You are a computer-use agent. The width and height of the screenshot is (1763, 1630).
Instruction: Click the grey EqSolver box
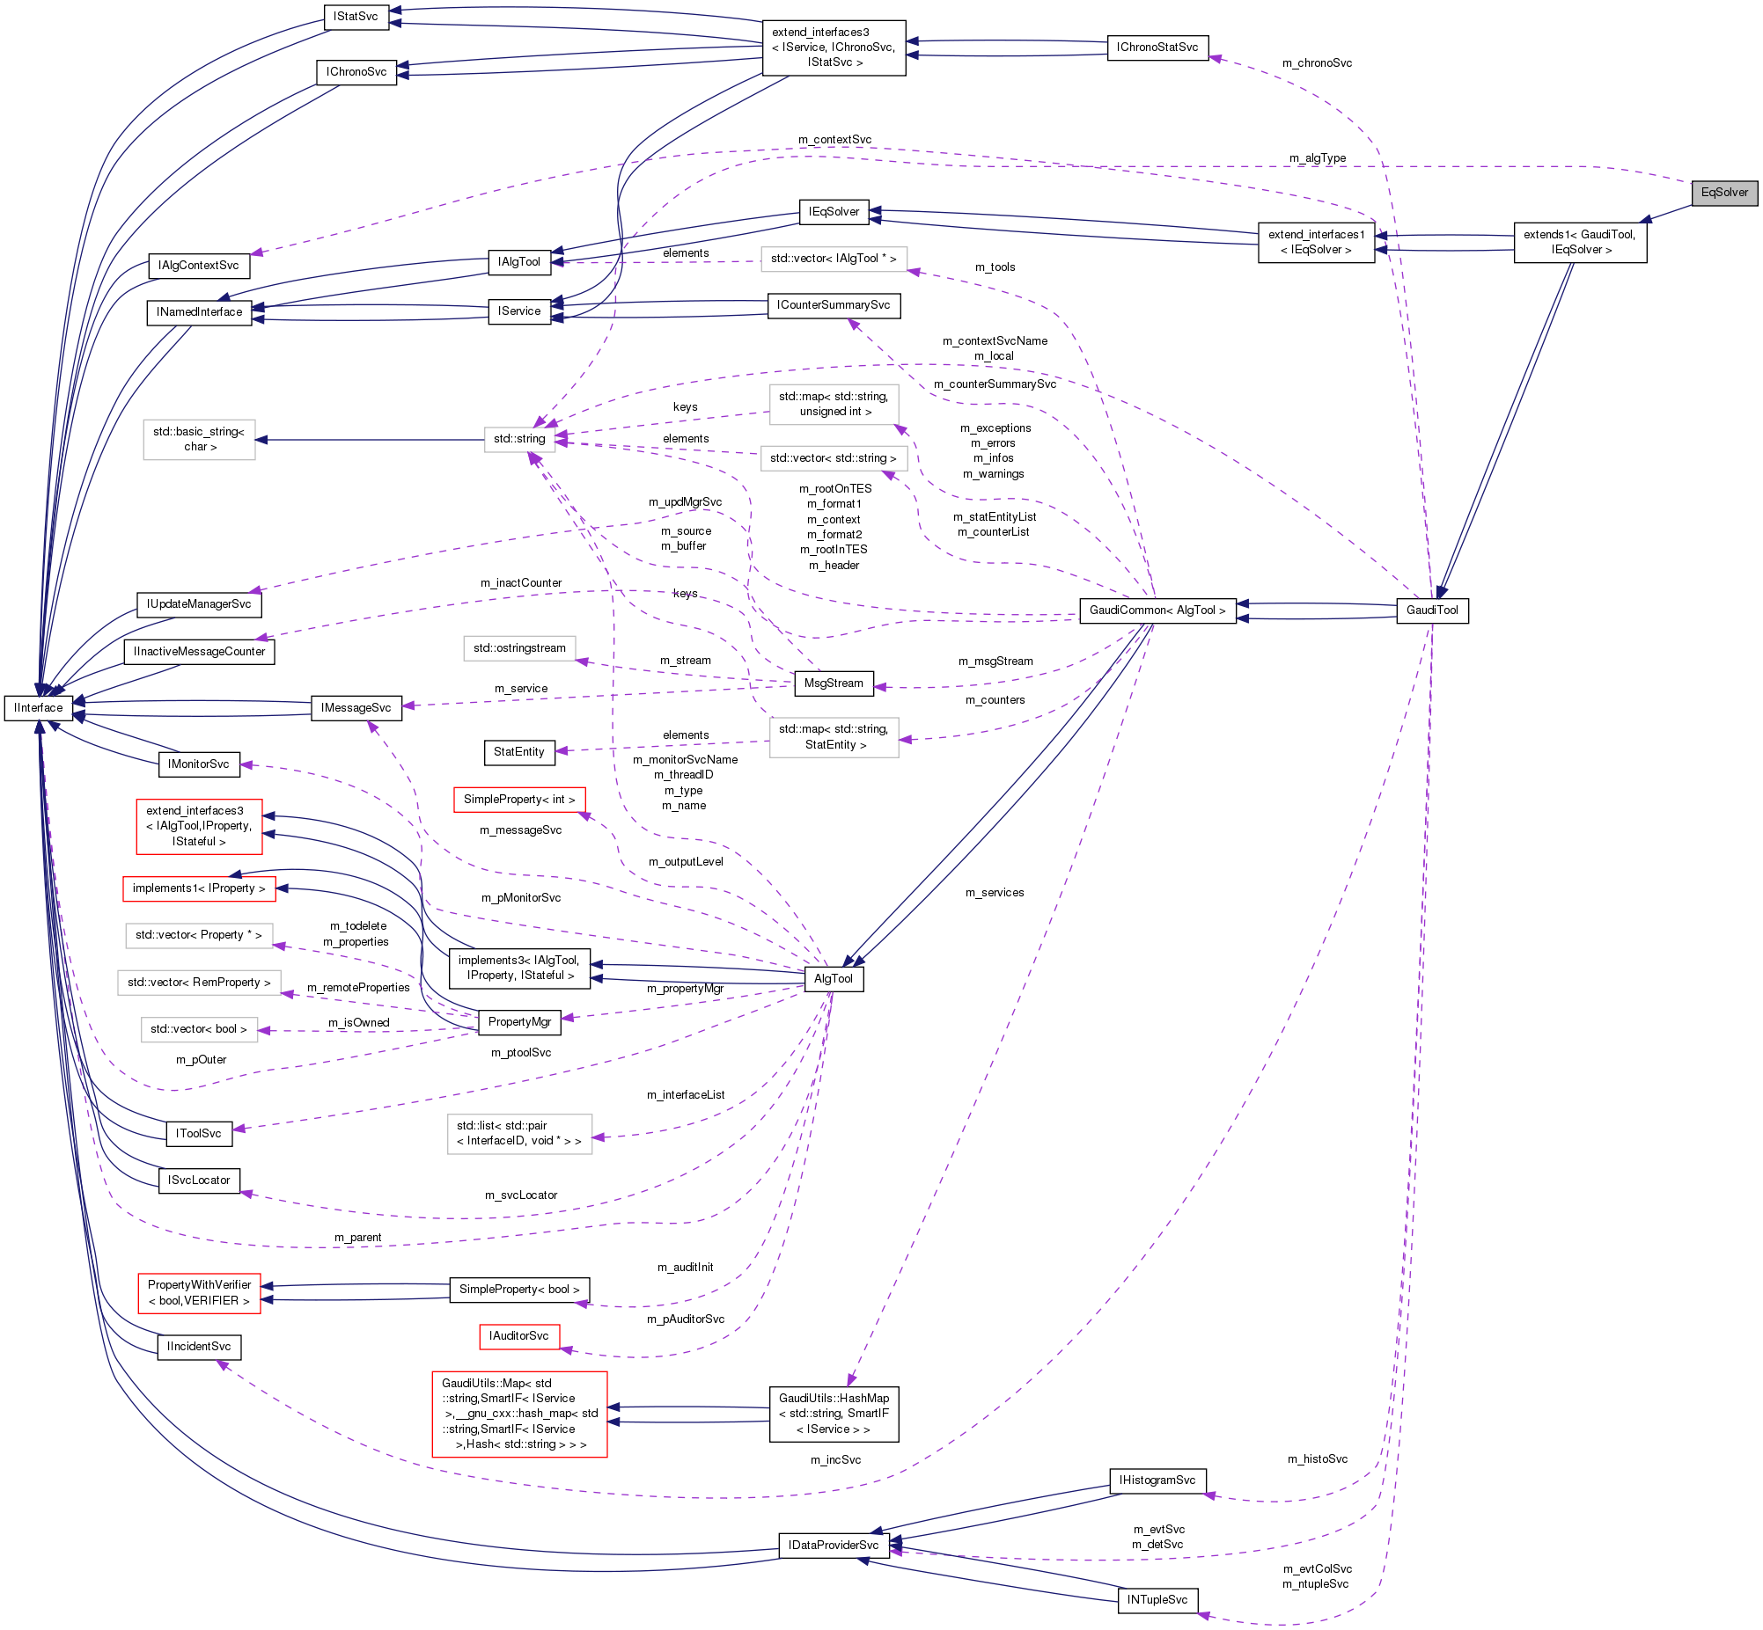(1724, 193)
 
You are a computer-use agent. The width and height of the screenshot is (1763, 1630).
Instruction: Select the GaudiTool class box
(1432, 610)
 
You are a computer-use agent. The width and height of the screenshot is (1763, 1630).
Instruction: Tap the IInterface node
(39, 708)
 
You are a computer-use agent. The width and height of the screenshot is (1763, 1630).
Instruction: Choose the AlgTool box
(834, 979)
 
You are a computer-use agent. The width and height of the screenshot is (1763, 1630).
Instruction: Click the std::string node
(518, 439)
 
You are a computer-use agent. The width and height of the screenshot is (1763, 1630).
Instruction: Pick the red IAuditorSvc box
(518, 1336)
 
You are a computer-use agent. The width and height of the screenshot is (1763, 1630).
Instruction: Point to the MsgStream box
(834, 683)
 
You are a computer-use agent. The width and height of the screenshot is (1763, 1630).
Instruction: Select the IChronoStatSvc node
(1157, 48)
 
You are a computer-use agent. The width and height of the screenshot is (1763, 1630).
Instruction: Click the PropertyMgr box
(518, 1022)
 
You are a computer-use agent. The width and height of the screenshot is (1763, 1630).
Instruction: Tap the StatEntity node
(518, 752)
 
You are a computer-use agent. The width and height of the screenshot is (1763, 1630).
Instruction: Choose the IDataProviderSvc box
(833, 1546)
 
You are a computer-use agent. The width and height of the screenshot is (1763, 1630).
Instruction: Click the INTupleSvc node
(1157, 1600)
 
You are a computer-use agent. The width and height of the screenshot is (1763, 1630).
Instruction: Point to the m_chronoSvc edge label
(1317, 63)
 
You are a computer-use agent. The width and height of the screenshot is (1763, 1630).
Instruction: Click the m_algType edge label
(1318, 158)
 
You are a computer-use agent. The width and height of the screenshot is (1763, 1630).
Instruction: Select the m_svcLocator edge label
(520, 1195)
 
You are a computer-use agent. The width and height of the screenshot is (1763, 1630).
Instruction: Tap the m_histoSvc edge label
(1318, 1458)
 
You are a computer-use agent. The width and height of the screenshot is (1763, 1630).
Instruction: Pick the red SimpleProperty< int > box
(518, 800)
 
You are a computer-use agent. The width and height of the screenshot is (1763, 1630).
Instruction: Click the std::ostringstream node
(518, 648)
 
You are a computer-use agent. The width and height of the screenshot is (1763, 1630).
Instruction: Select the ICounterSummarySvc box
(834, 305)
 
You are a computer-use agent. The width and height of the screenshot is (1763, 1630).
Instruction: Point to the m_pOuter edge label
(202, 1059)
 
